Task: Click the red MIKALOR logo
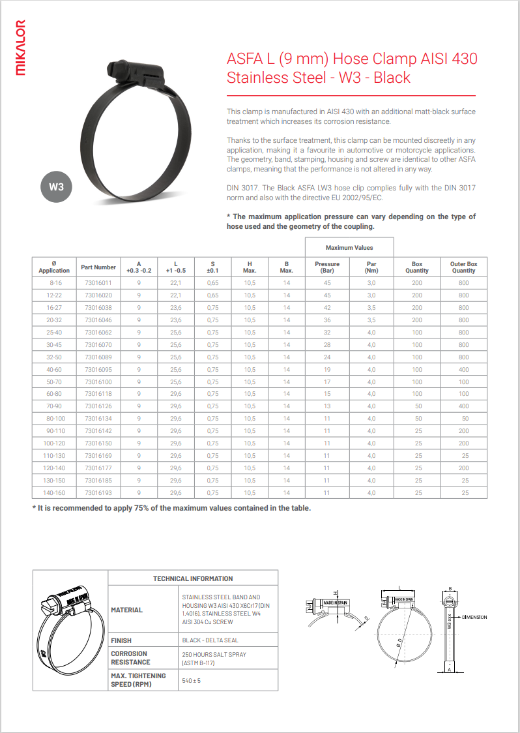[21, 48]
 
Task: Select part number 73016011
[98, 283]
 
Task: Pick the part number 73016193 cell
[98, 493]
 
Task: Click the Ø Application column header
[54, 267]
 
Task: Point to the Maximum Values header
[349, 248]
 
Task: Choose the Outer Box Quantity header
[463, 267]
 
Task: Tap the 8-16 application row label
[54, 283]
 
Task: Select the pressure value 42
[327, 308]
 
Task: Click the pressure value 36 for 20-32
[327, 320]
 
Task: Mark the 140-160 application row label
[54, 493]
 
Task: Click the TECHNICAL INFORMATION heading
[193, 578]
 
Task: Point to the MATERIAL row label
[127, 610]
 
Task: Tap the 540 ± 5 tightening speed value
[192, 680]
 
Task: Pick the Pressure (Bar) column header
[327, 267]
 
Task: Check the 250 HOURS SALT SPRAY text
[214, 654]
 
